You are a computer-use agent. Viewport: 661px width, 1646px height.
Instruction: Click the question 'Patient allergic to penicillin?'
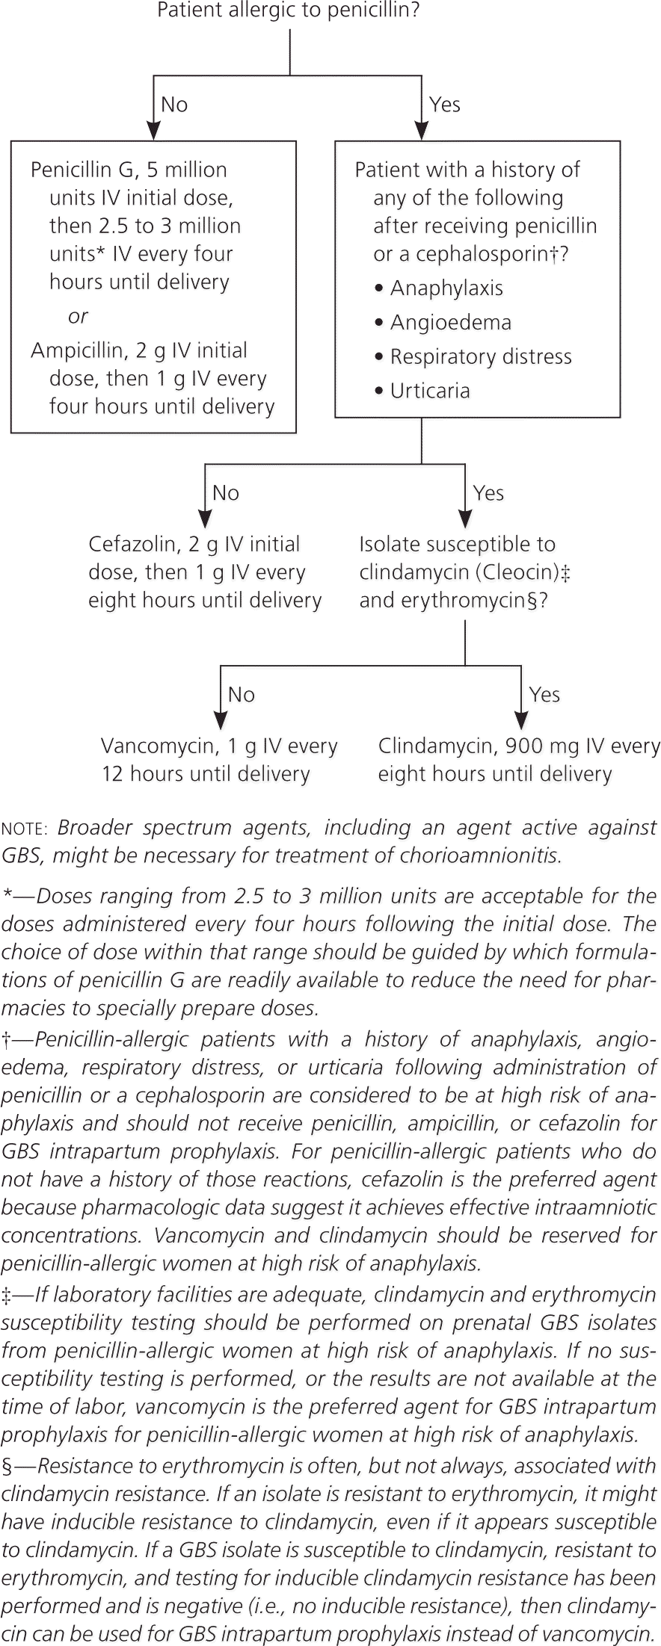[289, 11]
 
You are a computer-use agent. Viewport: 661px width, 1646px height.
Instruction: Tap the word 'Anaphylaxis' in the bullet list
[446, 288]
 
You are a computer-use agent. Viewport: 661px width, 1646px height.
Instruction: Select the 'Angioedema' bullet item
[451, 323]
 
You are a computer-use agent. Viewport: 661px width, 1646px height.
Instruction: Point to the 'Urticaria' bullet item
[430, 391]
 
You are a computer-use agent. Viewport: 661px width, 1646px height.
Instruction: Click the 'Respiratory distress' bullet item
[481, 357]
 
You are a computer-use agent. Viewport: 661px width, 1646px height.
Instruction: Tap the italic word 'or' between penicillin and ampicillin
[78, 317]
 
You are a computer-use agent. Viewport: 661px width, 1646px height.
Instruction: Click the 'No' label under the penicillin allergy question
[174, 105]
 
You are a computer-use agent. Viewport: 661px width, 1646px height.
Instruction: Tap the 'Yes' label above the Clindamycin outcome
[544, 695]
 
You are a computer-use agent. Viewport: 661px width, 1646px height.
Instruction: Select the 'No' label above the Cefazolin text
[226, 493]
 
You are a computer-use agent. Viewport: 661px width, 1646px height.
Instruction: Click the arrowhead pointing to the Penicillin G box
[153, 132]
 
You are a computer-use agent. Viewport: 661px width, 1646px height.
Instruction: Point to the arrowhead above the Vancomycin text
[220, 720]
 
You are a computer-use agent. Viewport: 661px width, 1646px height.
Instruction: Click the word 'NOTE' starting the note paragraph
[25, 829]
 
